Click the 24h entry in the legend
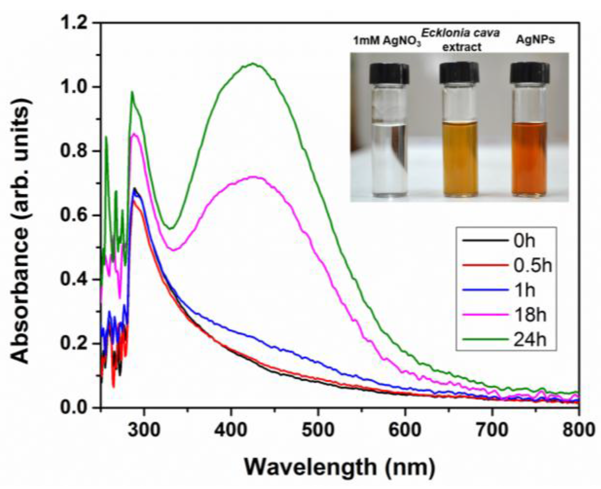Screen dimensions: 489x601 tap(530, 340)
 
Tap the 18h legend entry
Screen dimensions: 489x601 tap(530, 315)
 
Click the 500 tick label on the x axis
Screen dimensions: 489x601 tap(318, 430)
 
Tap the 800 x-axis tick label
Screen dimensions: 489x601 tap(579, 430)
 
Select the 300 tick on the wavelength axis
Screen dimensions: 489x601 tap(144, 430)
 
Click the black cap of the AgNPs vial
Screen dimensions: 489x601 tap(529, 73)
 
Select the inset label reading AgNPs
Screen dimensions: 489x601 tap(535, 40)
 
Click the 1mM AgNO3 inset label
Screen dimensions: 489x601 tap(387, 41)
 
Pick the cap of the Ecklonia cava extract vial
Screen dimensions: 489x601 tap(459, 73)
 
